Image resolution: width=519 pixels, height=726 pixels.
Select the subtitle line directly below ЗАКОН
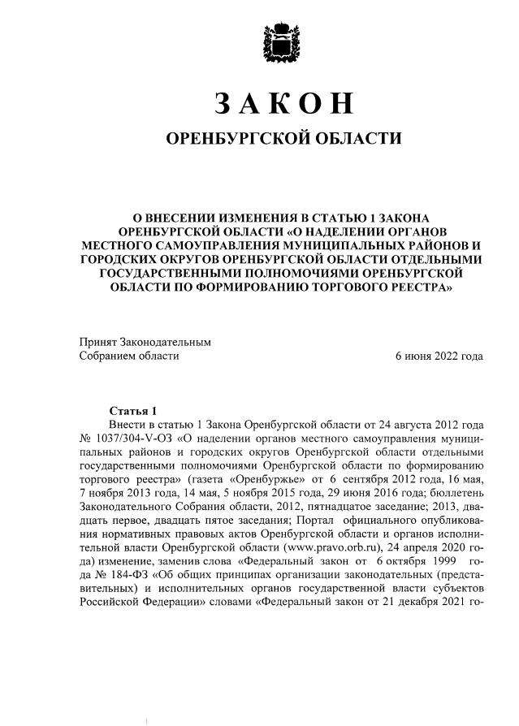[283, 139]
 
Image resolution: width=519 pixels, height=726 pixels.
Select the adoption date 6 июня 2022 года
[439, 356]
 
